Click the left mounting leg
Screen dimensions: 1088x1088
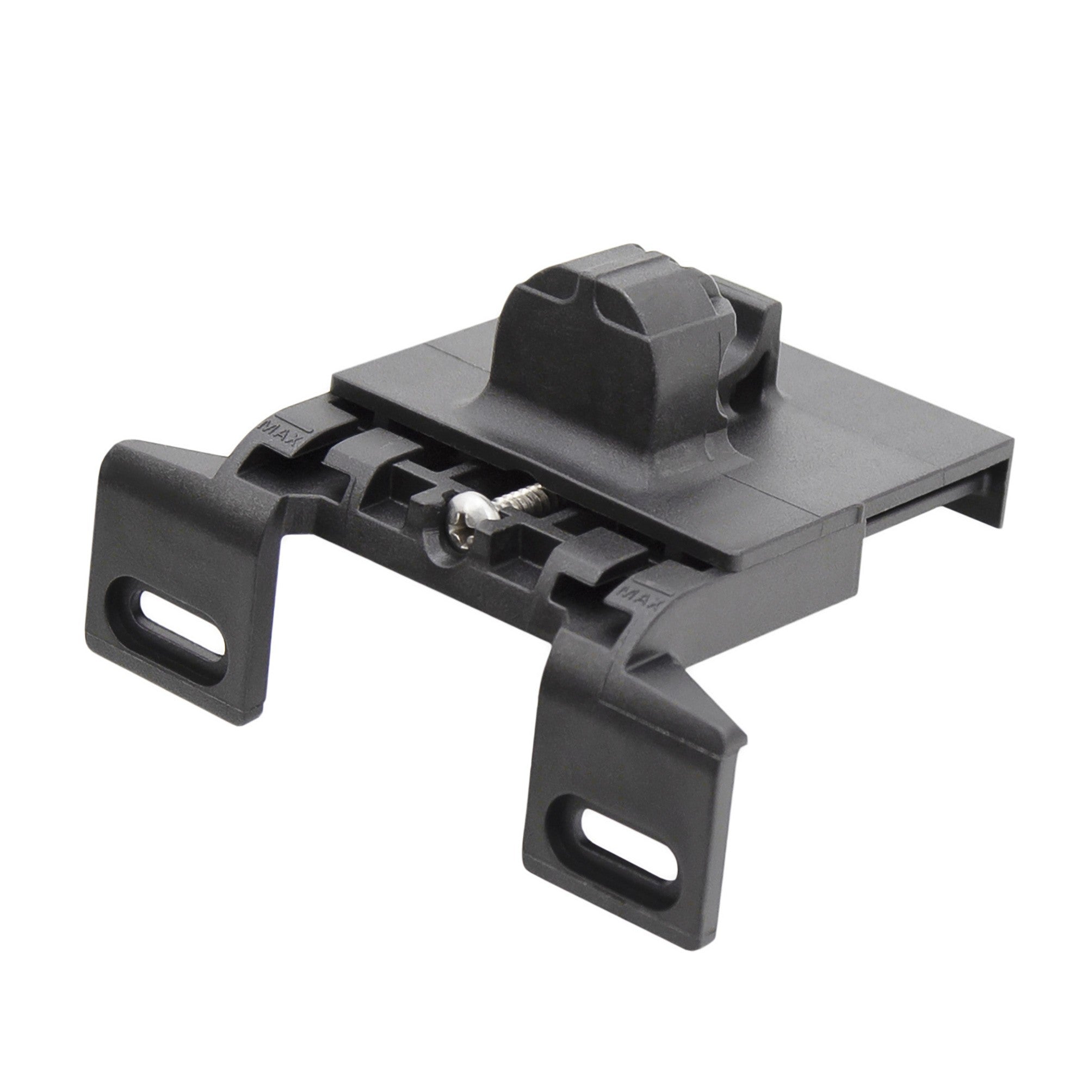click(x=186, y=569)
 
